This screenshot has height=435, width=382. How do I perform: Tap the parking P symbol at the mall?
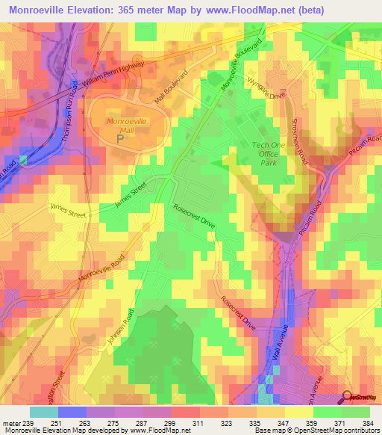coord(120,138)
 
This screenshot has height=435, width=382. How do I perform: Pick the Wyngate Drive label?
coord(266,90)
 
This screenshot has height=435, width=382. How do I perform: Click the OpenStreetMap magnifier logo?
coord(348,398)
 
